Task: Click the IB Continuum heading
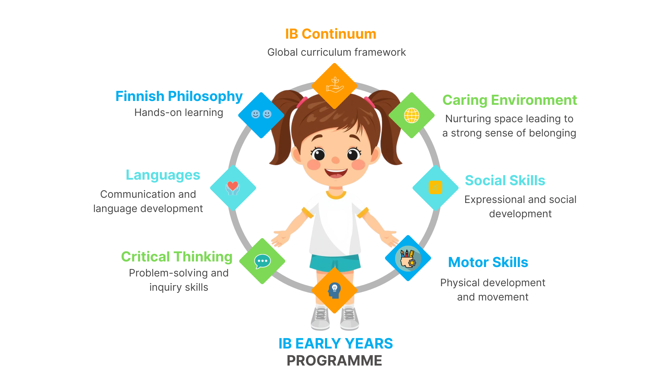pyautogui.click(x=331, y=34)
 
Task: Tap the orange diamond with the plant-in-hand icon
pyautogui.click(x=334, y=86)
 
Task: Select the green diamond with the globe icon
pyautogui.click(x=412, y=115)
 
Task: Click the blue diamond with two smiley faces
pyautogui.click(x=261, y=115)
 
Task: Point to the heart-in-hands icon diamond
pyautogui.click(x=233, y=188)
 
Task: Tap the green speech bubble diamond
pyautogui.click(x=262, y=261)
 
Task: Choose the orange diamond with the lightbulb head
pyautogui.click(x=334, y=290)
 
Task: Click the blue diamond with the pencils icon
pyautogui.click(x=408, y=258)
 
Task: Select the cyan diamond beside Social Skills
pyautogui.click(x=436, y=188)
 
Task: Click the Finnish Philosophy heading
pyautogui.click(x=179, y=96)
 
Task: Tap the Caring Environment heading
pyautogui.click(x=510, y=100)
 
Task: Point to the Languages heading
pyautogui.click(x=163, y=175)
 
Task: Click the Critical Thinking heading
pyautogui.click(x=177, y=257)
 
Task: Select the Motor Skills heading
pyautogui.click(x=488, y=262)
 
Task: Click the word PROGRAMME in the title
pyautogui.click(x=334, y=361)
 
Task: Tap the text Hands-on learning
pyautogui.click(x=179, y=112)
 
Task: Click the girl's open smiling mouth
pyautogui.click(x=336, y=173)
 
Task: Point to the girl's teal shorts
pyautogui.click(x=335, y=263)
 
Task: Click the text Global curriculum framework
pyautogui.click(x=337, y=52)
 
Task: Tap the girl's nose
pyautogui.click(x=336, y=160)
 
